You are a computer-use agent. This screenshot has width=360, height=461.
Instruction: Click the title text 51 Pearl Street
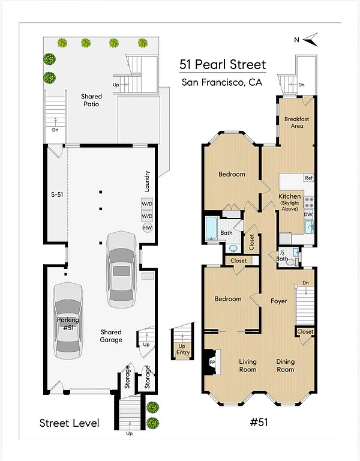pos(223,65)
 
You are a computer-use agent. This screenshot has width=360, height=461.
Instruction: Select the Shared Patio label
pos(91,100)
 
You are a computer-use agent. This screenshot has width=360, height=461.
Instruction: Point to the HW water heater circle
pos(147,227)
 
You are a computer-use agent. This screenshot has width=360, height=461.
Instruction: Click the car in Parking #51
pos(67,320)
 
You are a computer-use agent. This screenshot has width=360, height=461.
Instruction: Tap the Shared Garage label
pos(111,336)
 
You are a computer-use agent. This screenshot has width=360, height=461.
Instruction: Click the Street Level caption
pos(69,423)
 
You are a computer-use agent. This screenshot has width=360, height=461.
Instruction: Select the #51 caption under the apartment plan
pos(259,422)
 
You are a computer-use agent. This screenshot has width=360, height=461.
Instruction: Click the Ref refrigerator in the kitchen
pos(308,178)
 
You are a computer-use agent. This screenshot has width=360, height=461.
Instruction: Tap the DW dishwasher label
pos(308,214)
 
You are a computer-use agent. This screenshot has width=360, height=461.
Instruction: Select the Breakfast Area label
pos(296,122)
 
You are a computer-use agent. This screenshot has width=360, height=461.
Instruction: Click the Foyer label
pos(279,301)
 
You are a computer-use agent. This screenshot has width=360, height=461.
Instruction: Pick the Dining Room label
pos(286,366)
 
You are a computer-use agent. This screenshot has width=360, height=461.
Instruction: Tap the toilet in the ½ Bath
pos(290,261)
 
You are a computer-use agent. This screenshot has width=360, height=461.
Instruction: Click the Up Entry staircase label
pos(182,350)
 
